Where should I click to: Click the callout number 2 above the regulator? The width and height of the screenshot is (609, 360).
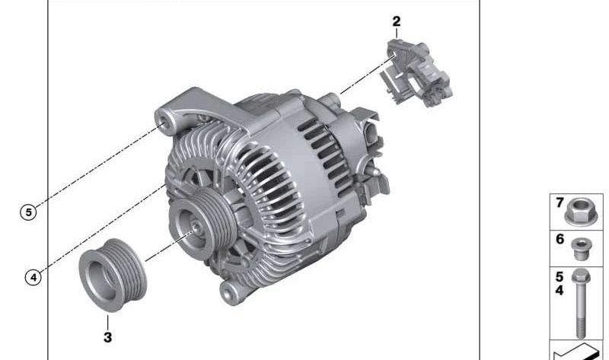(396, 21)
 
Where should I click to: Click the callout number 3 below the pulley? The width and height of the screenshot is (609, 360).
(107, 337)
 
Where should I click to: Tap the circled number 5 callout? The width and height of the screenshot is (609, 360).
(28, 212)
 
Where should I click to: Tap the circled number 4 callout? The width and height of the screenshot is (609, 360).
(33, 277)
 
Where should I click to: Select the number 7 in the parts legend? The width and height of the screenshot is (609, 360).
(560, 202)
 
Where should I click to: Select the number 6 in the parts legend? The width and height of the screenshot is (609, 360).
(560, 239)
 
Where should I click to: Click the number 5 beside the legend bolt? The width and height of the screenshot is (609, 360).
(560, 277)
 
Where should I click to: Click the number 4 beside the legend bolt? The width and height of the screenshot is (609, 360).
(560, 290)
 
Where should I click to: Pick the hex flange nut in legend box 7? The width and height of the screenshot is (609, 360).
(581, 212)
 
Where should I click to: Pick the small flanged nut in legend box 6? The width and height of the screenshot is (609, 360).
(581, 249)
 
